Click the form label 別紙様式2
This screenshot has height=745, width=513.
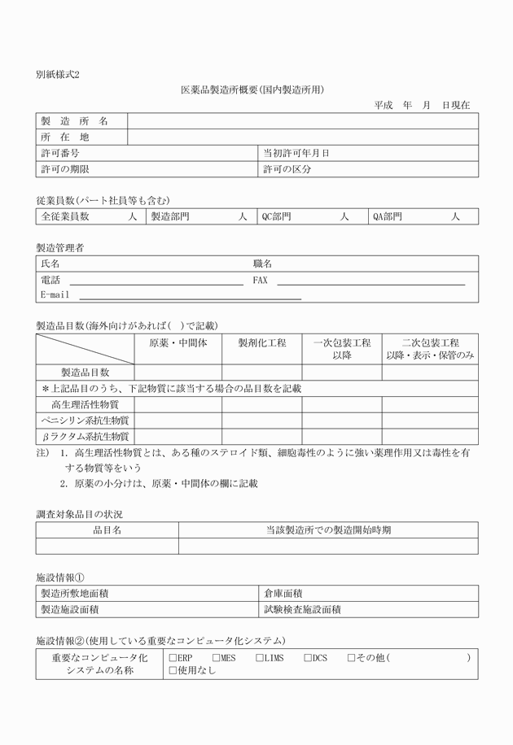click(58, 74)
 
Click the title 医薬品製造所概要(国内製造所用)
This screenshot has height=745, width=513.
click(252, 89)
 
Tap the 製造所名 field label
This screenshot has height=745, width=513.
click(74, 121)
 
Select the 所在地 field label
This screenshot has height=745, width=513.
click(65, 137)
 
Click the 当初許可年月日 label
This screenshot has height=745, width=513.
click(296, 153)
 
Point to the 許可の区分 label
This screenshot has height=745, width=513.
click(287, 169)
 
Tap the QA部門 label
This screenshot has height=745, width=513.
click(387, 216)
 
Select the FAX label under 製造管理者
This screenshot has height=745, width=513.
click(260, 280)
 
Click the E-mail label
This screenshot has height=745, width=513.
click(55, 295)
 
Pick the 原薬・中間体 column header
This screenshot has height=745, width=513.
click(178, 343)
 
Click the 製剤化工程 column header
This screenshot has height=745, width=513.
click(262, 343)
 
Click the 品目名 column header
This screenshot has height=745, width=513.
click(107, 530)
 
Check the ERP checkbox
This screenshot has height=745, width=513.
click(173, 657)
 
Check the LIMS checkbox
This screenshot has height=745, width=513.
click(259, 657)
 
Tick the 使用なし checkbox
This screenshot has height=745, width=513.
click(173, 671)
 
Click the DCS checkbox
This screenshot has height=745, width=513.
click(308, 657)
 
